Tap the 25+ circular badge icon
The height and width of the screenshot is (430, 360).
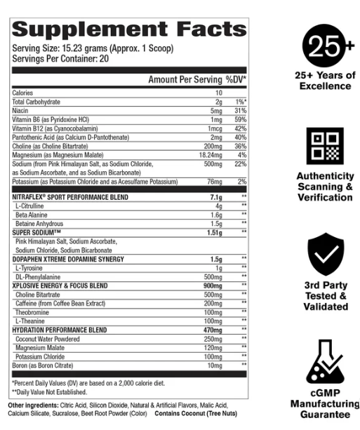(x=325, y=47)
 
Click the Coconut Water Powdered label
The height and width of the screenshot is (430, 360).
(x=47, y=338)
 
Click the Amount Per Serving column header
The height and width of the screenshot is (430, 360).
(x=185, y=80)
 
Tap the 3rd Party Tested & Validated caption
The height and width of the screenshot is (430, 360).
(x=325, y=295)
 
